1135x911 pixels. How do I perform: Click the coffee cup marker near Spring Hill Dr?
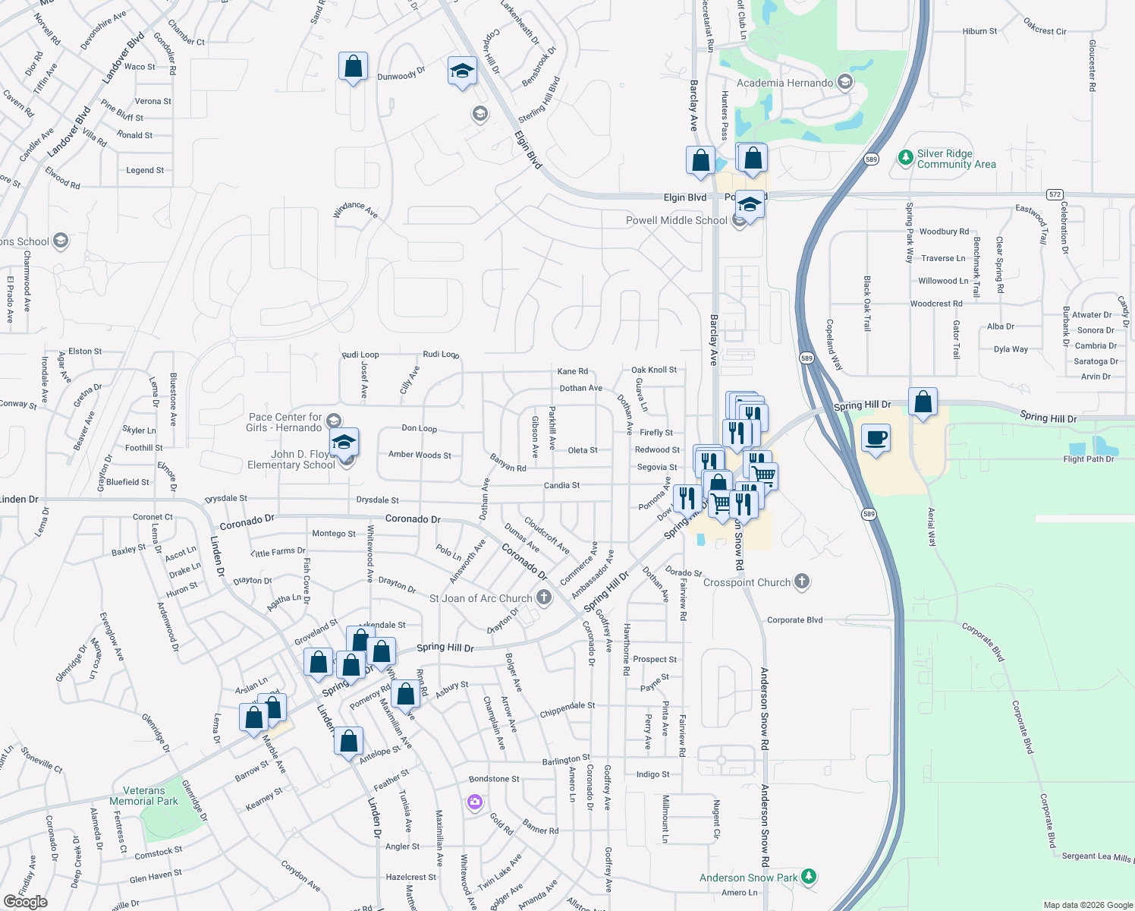pyautogui.click(x=876, y=438)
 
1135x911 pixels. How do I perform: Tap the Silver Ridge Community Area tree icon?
pyautogui.click(x=905, y=158)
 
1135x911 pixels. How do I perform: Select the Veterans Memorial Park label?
pyautogui.click(x=143, y=796)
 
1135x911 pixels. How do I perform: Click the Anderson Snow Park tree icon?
pyautogui.click(x=809, y=877)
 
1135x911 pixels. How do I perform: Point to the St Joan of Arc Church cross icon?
pyautogui.click(x=544, y=597)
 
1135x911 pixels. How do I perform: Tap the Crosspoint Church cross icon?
pyautogui.click(x=802, y=582)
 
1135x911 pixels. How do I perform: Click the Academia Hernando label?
pyautogui.click(x=784, y=83)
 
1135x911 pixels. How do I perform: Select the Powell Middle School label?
pyautogui.click(x=676, y=220)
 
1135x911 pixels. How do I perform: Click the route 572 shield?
pyautogui.click(x=1055, y=194)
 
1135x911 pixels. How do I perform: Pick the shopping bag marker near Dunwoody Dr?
pyautogui.click(x=353, y=67)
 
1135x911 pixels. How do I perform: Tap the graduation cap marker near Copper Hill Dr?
pyautogui.click(x=462, y=71)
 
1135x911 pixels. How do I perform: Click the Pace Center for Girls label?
pyautogui.click(x=285, y=422)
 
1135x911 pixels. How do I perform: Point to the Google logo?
pyautogui.click(x=25, y=901)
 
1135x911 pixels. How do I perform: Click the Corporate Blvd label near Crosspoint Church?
pyautogui.click(x=794, y=620)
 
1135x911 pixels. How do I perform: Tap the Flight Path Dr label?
pyautogui.click(x=1088, y=459)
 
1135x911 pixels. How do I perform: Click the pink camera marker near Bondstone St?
pyautogui.click(x=475, y=802)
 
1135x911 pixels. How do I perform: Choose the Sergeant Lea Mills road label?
pyautogui.click(x=1096, y=856)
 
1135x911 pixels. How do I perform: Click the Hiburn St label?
pyautogui.click(x=979, y=31)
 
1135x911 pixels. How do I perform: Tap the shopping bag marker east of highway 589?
pyautogui.click(x=923, y=402)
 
